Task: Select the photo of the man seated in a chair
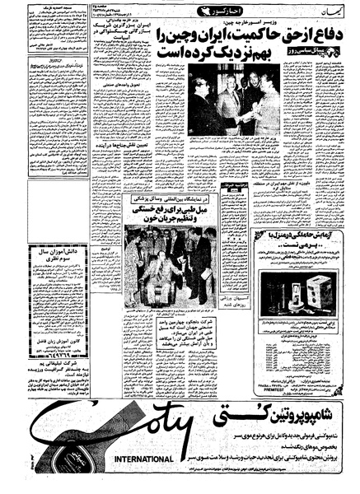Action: [165, 263]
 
